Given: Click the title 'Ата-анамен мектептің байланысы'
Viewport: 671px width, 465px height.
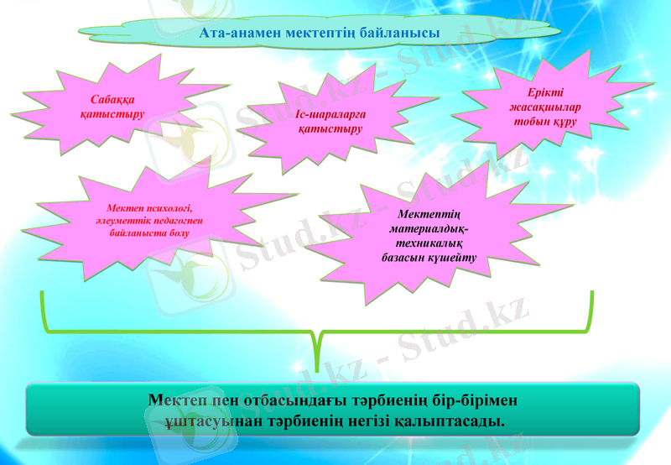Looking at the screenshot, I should (320, 33).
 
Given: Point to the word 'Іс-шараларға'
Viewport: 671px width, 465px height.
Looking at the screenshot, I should (331, 115).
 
